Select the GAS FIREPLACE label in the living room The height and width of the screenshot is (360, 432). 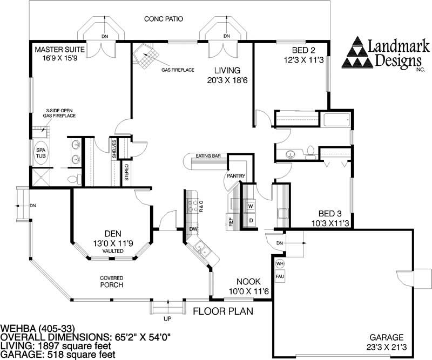click(x=178, y=70)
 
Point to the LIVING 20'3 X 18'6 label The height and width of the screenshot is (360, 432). click(x=226, y=75)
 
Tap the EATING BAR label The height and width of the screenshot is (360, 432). click(x=207, y=156)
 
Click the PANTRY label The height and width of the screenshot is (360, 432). click(x=237, y=175)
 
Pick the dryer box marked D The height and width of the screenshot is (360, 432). click(x=251, y=220)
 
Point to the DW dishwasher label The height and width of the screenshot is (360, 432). click(x=193, y=229)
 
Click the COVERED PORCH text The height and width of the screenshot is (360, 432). click(x=111, y=281)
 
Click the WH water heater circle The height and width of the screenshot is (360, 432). click(x=280, y=263)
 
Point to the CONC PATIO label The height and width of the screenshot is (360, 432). click(x=163, y=19)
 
